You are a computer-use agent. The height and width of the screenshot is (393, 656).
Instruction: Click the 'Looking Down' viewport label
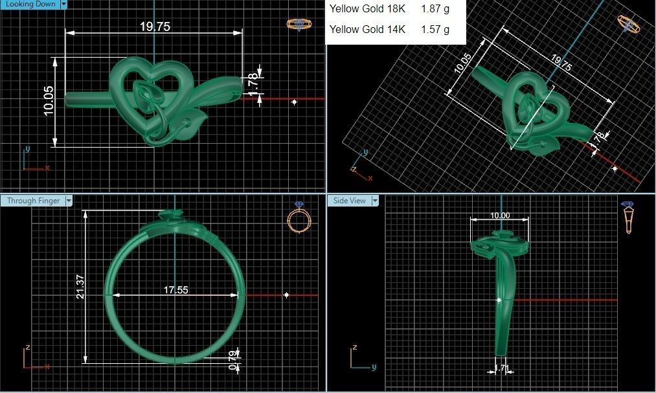(x=29, y=4)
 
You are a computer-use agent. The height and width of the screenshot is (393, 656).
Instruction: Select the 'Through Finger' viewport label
(x=33, y=201)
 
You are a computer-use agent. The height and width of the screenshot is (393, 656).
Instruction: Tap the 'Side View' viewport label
(x=350, y=201)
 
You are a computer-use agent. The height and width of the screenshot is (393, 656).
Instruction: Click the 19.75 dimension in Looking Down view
(x=155, y=27)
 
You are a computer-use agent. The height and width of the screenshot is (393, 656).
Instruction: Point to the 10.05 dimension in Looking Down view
(x=49, y=101)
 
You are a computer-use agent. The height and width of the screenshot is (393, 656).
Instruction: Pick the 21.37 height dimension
(x=80, y=287)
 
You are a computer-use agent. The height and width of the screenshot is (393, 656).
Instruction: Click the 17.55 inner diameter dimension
(x=175, y=290)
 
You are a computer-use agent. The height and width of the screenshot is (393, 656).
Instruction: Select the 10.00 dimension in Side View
(x=499, y=216)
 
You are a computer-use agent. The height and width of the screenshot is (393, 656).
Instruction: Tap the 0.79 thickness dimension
(x=232, y=360)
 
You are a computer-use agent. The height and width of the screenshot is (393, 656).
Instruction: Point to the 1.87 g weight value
(x=435, y=9)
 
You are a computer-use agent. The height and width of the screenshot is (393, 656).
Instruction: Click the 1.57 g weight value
(x=435, y=29)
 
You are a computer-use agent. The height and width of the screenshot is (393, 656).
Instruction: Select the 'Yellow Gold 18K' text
(x=367, y=9)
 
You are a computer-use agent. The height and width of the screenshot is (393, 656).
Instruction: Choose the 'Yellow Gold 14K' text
(x=367, y=29)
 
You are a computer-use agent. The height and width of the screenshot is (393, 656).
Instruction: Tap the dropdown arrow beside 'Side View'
(x=374, y=201)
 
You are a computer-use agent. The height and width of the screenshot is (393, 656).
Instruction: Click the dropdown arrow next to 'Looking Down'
(x=63, y=4)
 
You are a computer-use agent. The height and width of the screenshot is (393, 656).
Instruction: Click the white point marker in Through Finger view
(x=287, y=295)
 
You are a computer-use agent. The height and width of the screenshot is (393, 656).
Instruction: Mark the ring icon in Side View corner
(x=628, y=217)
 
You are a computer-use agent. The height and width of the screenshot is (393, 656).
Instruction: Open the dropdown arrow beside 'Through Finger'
(x=69, y=201)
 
